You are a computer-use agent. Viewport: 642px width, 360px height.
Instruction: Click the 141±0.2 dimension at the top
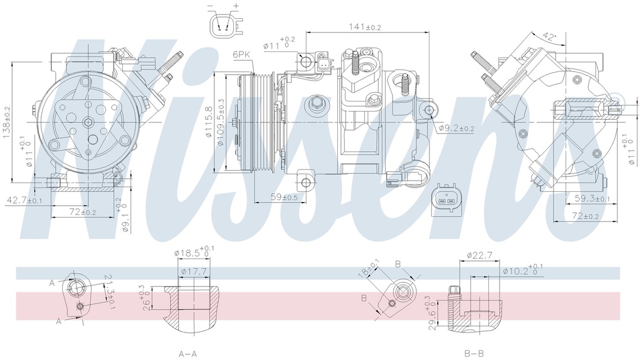coord(364,26)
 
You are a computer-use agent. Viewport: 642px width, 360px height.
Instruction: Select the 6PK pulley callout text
coord(241,55)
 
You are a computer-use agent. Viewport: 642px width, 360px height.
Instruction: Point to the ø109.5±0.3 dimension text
coord(221,122)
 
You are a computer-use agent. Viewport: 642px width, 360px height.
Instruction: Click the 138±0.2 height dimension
coord(7,122)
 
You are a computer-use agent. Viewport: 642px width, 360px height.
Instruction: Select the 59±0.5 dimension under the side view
coord(283,197)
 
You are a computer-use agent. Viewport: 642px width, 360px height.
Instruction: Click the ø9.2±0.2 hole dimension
coord(456,128)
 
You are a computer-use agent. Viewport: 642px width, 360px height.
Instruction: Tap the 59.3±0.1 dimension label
coord(591,199)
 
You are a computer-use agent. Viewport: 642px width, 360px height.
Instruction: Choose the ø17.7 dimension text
coord(193,271)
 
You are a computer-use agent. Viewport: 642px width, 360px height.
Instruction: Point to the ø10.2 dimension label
coord(519,271)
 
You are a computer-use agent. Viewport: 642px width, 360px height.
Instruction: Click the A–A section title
coord(188,354)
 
